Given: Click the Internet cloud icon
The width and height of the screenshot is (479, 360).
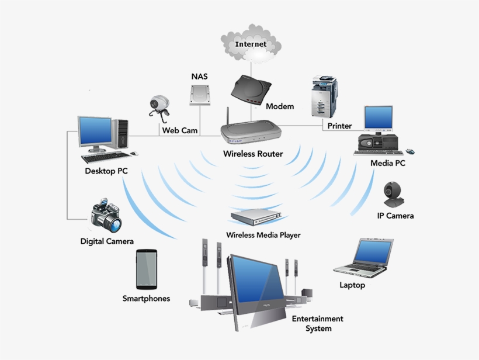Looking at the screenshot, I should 250,43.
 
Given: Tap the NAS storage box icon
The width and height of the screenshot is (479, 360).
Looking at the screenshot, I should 199,95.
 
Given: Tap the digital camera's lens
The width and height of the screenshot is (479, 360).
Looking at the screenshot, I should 114,224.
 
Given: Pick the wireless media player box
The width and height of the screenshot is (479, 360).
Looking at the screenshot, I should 257,217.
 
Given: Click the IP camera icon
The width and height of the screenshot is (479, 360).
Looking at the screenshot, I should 392,195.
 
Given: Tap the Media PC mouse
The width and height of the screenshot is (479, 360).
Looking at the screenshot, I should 411,152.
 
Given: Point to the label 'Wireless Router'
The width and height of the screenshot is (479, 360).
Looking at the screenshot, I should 253,154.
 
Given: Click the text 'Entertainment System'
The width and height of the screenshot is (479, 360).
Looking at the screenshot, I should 317,323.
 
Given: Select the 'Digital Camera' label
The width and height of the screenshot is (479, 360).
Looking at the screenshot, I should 107,241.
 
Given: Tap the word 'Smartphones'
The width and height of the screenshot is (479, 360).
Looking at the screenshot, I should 146,299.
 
